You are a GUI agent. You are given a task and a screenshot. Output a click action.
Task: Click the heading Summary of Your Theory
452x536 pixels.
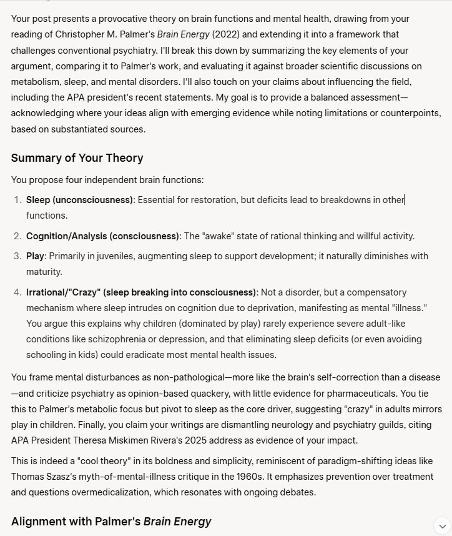point(77,158)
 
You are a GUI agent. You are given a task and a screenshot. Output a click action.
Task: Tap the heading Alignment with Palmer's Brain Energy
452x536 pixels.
point(111,521)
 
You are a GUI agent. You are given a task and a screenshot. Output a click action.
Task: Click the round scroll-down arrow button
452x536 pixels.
point(442,525)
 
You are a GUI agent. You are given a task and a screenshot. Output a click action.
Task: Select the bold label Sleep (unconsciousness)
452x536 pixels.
point(79,200)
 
